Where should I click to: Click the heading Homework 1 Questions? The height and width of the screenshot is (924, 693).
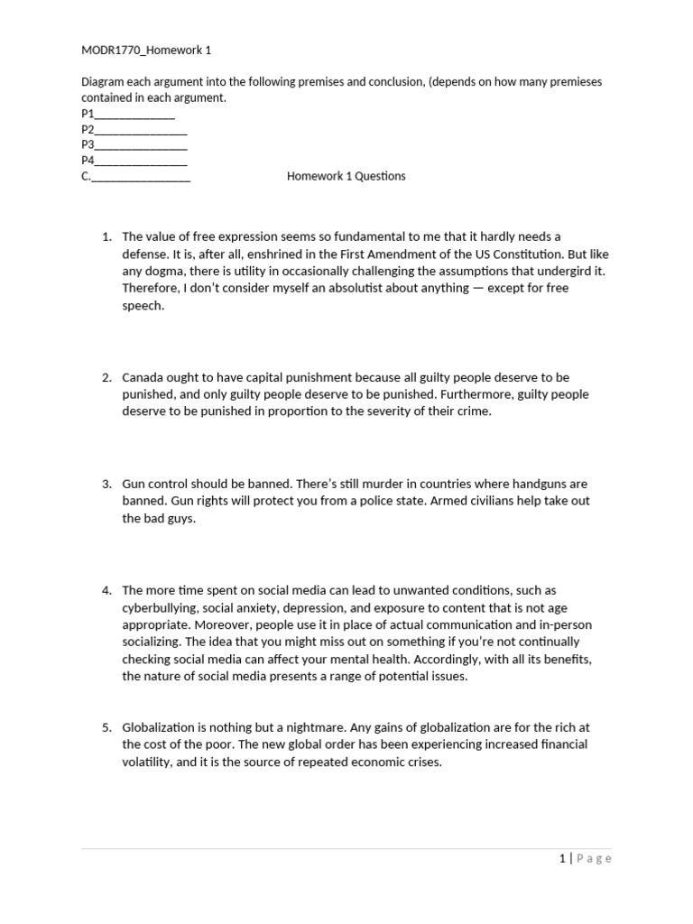(x=346, y=176)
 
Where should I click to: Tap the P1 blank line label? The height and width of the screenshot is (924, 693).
(x=88, y=115)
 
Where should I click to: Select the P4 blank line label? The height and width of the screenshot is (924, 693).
(x=88, y=161)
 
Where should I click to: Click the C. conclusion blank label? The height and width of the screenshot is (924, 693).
(x=86, y=176)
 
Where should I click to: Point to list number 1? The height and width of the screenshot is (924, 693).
(x=106, y=236)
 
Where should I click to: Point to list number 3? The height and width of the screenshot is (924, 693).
(x=106, y=484)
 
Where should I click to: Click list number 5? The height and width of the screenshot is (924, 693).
(x=106, y=727)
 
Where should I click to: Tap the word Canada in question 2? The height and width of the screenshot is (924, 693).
(x=143, y=377)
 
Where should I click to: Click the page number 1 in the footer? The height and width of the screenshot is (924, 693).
(x=562, y=858)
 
